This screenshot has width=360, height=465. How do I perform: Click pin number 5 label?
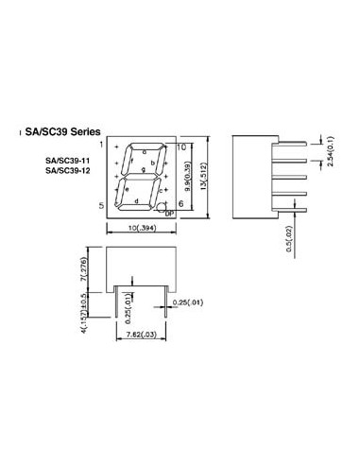(100, 205)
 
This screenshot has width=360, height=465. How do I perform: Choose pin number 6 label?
(181, 204)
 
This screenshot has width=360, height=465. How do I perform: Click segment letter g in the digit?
(142, 171)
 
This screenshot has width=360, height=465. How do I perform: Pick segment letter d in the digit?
(137, 201)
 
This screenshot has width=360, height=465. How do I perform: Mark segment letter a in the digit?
(145, 149)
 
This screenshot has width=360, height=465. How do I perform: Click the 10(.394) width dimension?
(141, 229)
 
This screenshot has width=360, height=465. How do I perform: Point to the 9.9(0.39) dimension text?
(189, 177)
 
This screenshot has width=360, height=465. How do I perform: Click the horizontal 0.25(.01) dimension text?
(188, 302)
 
